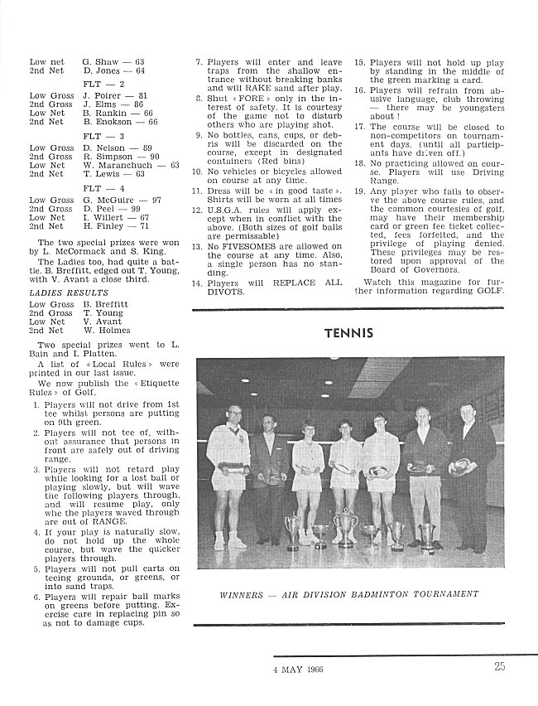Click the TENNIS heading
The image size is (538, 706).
click(x=348, y=333)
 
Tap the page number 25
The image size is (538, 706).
click(x=500, y=669)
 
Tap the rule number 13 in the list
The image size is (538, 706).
click(x=197, y=246)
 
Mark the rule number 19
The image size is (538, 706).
click(x=359, y=191)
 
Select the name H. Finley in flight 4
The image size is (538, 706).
click(x=106, y=225)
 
